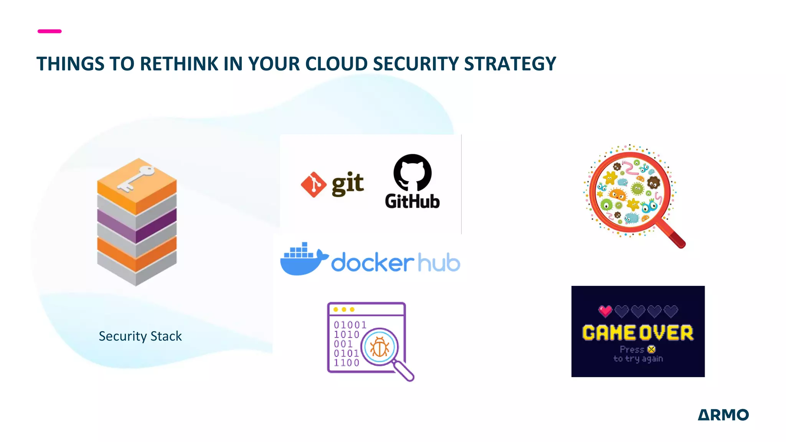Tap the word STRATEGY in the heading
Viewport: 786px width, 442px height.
point(510,64)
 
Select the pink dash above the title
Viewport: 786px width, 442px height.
point(50,31)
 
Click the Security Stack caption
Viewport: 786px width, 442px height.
point(140,336)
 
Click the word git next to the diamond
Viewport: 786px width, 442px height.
point(348,184)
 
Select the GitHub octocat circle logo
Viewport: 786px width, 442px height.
point(413,172)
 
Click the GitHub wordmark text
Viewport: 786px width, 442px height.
point(412,201)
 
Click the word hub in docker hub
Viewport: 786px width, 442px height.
point(438,263)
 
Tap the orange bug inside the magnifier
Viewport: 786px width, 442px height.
point(380,347)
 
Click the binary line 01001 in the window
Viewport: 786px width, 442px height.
point(350,325)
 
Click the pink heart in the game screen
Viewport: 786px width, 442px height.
point(605,311)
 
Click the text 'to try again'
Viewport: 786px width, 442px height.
point(638,359)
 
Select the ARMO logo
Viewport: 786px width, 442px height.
point(723,415)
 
